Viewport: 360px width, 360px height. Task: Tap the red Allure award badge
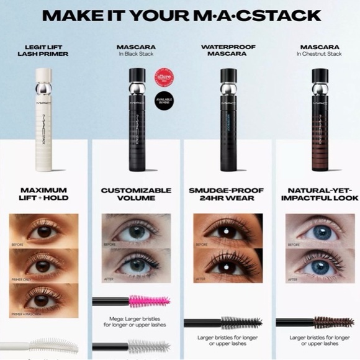point(164,77)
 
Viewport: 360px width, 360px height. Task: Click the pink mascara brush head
point(149,302)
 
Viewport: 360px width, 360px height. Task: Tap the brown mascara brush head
point(333,322)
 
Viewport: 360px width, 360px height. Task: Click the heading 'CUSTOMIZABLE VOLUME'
point(135,194)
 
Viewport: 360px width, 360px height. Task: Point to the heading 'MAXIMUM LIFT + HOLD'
point(45,194)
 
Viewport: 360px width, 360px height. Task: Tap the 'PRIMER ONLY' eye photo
point(45,266)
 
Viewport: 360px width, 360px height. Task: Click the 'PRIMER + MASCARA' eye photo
point(45,300)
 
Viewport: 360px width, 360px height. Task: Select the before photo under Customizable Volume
point(135,231)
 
